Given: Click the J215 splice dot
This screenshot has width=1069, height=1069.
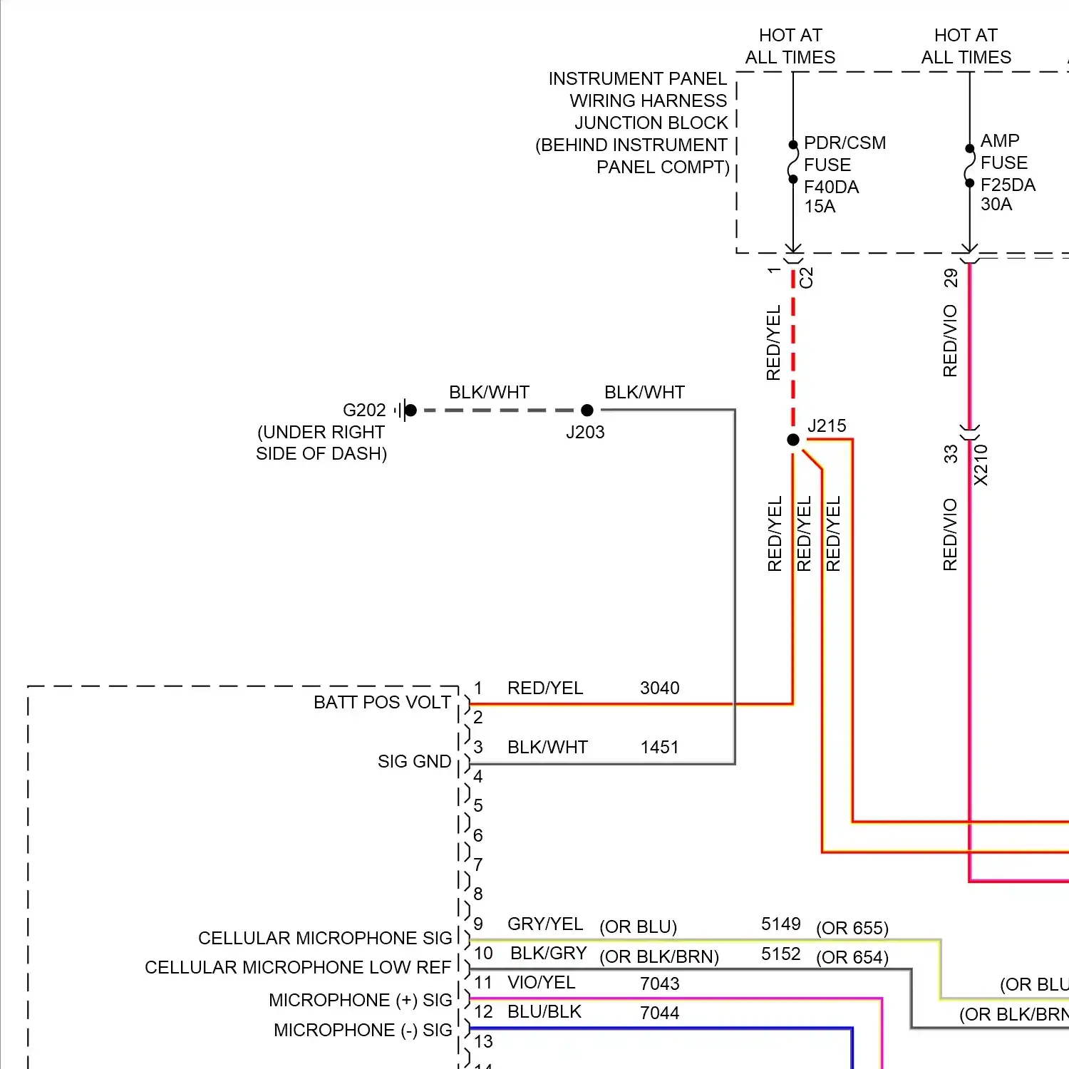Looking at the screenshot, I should point(793,440).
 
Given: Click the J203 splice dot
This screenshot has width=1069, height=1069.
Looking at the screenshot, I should point(587,410).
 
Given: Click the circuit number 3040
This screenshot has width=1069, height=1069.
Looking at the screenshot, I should point(659,688).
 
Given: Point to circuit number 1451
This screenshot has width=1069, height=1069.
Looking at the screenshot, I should point(659,748).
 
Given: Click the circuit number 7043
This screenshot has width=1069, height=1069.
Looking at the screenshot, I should point(659,984).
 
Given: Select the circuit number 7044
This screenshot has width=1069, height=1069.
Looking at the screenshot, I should point(659,1013).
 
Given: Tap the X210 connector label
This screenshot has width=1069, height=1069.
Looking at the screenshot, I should point(981,465).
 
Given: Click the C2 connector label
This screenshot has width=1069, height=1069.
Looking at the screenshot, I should point(806,277).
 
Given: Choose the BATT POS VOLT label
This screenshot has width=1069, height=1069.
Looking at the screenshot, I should point(382,703).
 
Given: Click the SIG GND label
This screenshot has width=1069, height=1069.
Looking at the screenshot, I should point(414,762).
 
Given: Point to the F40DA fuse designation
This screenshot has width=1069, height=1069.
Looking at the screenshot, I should point(831,187).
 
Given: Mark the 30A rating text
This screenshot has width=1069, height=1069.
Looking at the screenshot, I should point(996,205).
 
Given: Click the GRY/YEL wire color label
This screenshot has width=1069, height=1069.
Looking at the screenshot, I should point(545,924).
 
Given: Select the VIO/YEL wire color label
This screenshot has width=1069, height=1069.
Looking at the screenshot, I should point(541,983).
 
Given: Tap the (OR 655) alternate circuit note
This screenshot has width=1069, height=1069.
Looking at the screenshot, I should point(852,929).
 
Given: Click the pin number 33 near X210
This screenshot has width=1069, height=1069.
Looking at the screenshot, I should point(951,454).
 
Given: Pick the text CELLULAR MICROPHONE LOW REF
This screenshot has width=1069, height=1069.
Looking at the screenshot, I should point(298,968).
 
